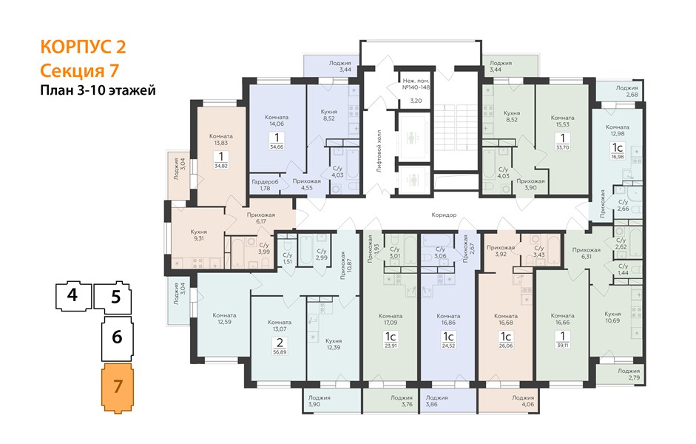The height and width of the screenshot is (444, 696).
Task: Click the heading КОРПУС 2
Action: (83, 47)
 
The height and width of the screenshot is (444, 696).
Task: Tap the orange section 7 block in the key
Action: (118, 388)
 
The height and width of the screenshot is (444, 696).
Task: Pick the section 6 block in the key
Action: (117, 338)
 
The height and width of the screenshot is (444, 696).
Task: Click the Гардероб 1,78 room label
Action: (265, 185)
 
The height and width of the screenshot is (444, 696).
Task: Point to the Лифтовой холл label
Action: (379, 151)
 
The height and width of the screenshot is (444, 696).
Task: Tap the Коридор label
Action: (444, 215)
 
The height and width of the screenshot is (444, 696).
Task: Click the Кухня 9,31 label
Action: (198, 235)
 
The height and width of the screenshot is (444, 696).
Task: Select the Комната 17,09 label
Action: (391, 319)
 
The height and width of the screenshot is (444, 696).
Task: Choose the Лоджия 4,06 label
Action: (523, 401)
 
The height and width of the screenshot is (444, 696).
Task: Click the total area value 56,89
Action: (280, 352)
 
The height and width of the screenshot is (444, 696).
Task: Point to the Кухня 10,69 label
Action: (612, 317)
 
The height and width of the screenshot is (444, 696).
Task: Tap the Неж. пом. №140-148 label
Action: (416, 84)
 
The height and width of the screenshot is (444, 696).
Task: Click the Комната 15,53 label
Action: (562, 121)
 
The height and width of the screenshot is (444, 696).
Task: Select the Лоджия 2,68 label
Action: (626, 91)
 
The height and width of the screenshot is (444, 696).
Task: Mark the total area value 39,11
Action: (562, 345)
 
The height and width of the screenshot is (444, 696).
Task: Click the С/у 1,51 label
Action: (288, 258)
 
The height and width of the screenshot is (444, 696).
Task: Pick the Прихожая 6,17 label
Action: (261, 218)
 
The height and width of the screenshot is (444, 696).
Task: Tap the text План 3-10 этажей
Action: (98, 90)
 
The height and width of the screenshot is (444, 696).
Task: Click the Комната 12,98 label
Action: (618, 130)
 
